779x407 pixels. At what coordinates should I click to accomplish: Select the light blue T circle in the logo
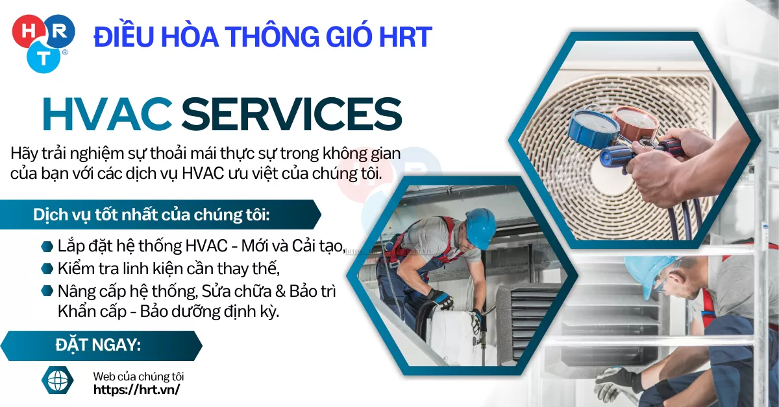pos(43,58)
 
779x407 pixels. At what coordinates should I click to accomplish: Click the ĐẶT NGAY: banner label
pos(98,345)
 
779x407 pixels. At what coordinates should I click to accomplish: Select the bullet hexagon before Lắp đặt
pos(46,246)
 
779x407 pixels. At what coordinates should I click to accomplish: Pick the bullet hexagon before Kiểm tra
pos(46,268)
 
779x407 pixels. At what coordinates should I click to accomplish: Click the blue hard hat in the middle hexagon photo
pos(481,227)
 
